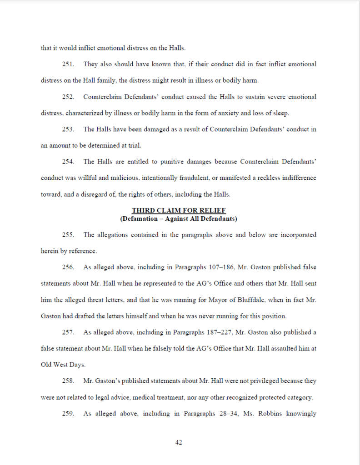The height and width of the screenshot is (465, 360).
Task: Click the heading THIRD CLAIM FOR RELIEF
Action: [179, 211]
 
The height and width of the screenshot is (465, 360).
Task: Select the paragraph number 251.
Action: [68, 64]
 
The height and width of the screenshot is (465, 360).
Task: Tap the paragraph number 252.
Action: [68, 97]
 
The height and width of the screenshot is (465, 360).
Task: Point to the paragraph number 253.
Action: [68, 129]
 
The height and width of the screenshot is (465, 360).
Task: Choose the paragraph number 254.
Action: [68, 162]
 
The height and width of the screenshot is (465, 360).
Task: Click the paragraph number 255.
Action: [68, 235]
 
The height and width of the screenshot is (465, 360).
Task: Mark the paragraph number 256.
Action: [68, 267]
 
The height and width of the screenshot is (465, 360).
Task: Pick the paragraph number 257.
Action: [68, 332]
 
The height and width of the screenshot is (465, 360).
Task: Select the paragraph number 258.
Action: [68, 381]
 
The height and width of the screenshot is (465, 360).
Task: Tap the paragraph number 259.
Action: [68, 413]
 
